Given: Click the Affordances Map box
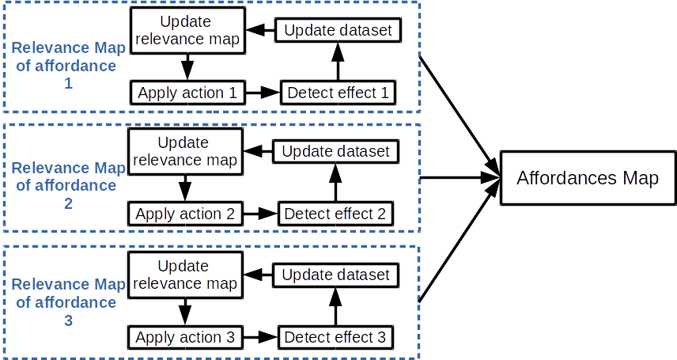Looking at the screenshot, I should pyautogui.click(x=587, y=178).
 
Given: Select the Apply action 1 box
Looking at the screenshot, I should pyautogui.click(x=187, y=93).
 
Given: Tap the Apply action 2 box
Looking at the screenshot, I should pyautogui.click(x=185, y=214).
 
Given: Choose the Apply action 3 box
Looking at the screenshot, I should pyautogui.click(x=185, y=337).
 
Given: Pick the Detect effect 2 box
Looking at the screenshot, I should pyautogui.click(x=335, y=214).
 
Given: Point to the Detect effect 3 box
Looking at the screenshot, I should pyautogui.click(x=335, y=337).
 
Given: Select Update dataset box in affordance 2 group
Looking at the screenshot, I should pyautogui.click(x=335, y=150).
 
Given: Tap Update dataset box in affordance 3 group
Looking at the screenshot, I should pyautogui.click(x=335, y=275).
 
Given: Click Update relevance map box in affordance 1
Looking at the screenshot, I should pyautogui.click(x=187, y=31).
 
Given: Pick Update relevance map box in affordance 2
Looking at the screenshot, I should pyautogui.click(x=185, y=152).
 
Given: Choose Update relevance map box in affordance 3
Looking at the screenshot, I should pyautogui.click(x=185, y=275).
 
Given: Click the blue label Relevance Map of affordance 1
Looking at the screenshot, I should pyautogui.click(x=66, y=65).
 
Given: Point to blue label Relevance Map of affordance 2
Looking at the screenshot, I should pyautogui.click(x=66, y=185).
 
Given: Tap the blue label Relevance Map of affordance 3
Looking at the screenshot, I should pyautogui.click(x=66, y=301).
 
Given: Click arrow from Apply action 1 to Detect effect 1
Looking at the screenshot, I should pyautogui.click(x=263, y=93).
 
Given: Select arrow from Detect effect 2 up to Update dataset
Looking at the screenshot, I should pyautogui.click(x=335, y=183).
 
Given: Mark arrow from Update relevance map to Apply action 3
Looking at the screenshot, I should pyautogui.click(x=185, y=310).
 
